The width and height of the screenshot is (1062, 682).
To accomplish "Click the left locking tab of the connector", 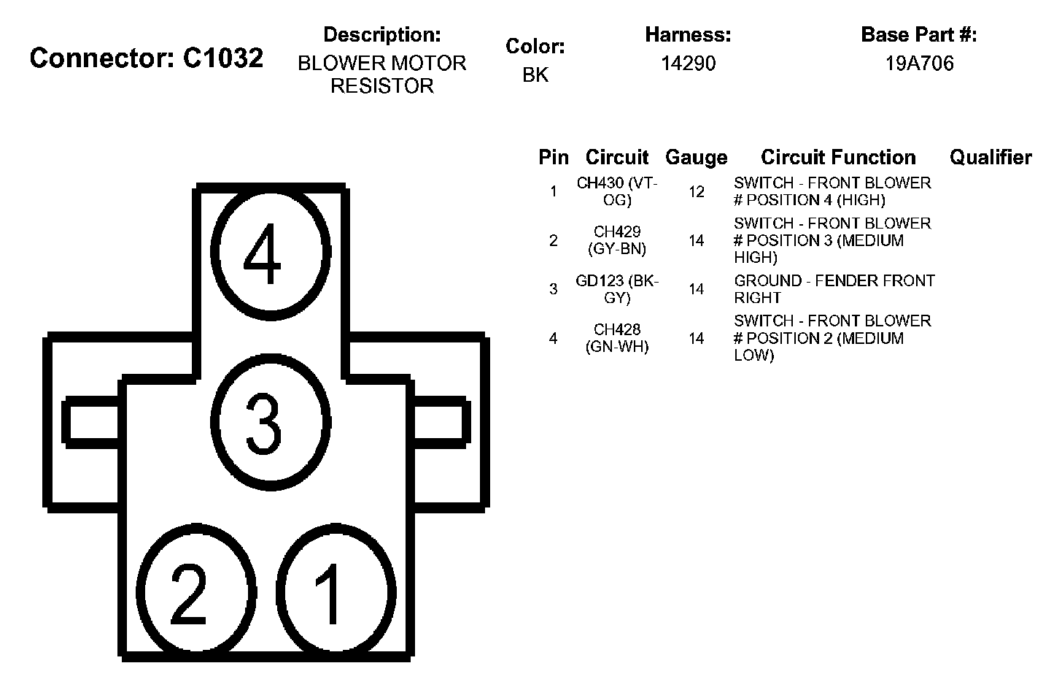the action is [92, 422].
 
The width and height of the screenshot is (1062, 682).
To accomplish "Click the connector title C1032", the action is [147, 58].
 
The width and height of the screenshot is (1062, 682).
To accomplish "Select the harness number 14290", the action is [688, 64].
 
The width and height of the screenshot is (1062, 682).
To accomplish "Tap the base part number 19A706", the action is [919, 64].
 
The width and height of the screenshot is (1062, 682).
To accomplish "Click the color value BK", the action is [535, 74].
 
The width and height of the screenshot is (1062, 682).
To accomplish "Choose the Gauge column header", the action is [696, 157].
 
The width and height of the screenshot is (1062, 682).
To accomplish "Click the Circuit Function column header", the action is [838, 157].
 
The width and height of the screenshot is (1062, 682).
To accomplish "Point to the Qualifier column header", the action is [991, 157].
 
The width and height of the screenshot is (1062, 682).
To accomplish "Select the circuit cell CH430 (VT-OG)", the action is [617, 191].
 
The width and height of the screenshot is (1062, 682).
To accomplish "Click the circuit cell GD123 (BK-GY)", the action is [617, 289].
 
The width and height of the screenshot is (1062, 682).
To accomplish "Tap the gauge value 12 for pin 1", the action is [697, 192].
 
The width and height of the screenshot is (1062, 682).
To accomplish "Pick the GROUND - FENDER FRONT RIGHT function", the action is [834, 289].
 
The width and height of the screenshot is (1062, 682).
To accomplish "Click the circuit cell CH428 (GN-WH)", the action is [617, 338].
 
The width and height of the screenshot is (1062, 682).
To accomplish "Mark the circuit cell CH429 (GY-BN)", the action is [617, 240].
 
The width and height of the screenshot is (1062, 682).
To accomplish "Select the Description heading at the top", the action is [381, 34].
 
